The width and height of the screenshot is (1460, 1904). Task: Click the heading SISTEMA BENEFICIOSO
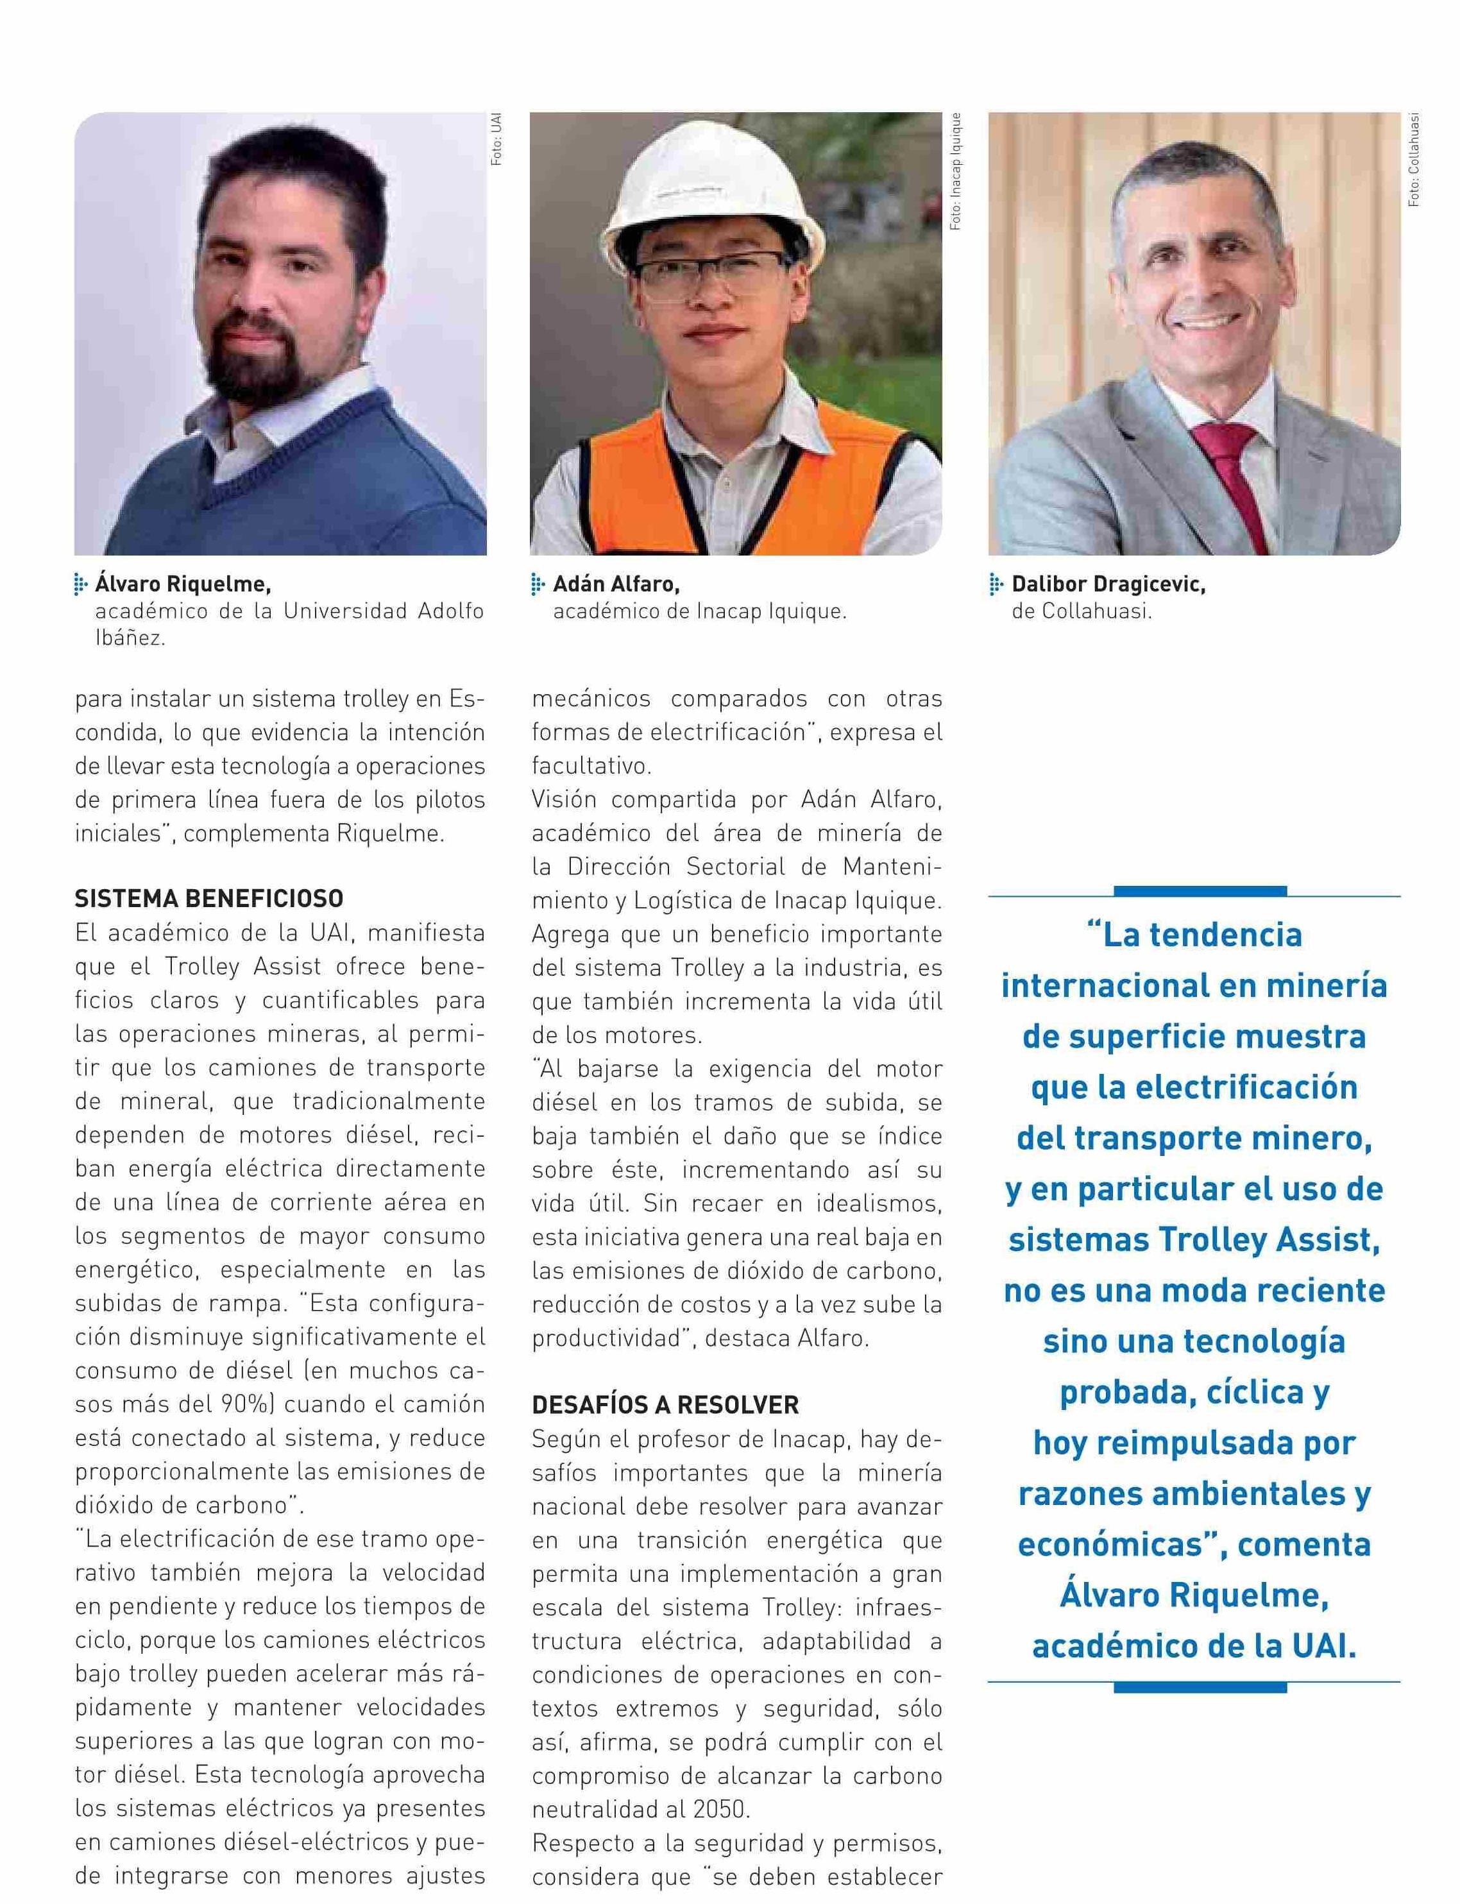208,899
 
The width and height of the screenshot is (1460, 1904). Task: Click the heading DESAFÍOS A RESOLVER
666,1405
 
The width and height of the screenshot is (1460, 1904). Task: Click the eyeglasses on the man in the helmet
713,271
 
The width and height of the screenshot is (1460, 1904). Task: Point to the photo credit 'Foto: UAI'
497,139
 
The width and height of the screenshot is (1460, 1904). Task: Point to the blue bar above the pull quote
1200,890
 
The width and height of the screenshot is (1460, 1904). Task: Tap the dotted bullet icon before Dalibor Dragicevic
996,585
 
